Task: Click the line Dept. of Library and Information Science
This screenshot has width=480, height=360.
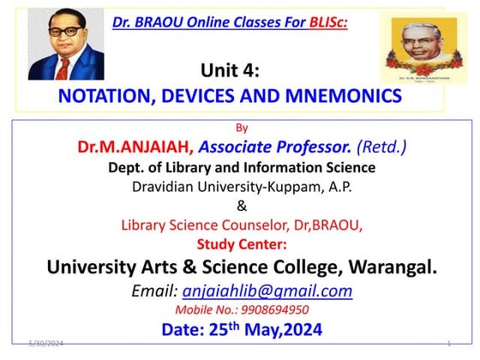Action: tap(241, 168)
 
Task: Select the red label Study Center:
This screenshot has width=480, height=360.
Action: tap(241, 243)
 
